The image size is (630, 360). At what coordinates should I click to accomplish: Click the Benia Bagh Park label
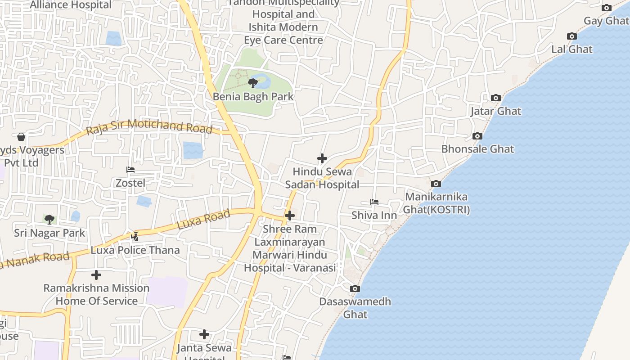(253, 97)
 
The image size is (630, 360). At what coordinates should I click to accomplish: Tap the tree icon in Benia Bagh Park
(253, 83)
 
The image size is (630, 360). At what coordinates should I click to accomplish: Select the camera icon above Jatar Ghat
(496, 98)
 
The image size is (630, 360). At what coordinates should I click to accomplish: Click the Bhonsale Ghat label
(477, 149)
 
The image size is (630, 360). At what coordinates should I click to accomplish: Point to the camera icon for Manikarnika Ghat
(436, 184)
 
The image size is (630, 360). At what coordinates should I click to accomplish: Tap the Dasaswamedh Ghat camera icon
(355, 288)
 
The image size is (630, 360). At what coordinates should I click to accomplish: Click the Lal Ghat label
(572, 49)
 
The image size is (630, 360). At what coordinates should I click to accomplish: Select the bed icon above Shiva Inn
(374, 202)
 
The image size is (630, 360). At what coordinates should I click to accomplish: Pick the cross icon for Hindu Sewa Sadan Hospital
(322, 158)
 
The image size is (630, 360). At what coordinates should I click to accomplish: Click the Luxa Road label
(204, 219)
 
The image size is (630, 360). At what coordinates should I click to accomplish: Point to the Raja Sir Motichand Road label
(149, 126)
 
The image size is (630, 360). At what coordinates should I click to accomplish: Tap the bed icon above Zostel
(130, 170)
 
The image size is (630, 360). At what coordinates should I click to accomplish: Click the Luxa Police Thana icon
(135, 236)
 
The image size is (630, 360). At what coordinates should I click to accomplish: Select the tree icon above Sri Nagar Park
(49, 219)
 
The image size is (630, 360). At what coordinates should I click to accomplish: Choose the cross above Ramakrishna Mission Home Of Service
(96, 274)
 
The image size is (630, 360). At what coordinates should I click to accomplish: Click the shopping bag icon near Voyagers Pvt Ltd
(21, 137)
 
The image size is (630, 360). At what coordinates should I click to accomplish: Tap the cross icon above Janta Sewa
(204, 334)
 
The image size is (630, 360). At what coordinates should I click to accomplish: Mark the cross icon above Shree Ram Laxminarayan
(290, 216)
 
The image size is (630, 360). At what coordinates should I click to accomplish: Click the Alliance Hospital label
(71, 5)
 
